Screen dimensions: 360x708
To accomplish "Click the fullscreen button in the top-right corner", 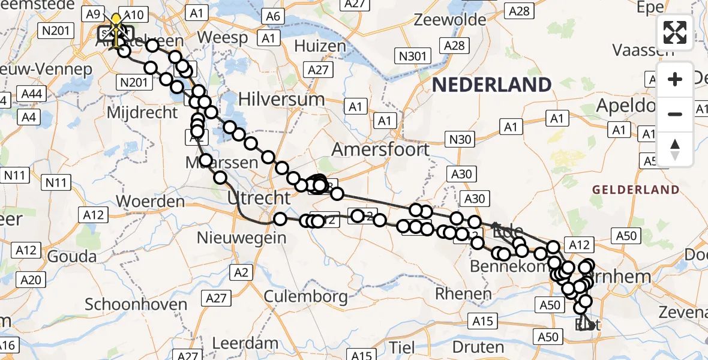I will click(675, 33).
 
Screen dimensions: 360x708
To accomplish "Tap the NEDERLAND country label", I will click(492, 85).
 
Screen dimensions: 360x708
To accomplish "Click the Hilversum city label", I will click(281, 98).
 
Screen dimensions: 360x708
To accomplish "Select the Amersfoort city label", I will click(381, 149).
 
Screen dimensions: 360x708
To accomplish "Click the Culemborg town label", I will click(306, 296).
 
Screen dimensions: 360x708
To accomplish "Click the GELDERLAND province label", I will click(636, 190).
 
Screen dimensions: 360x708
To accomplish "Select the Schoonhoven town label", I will click(136, 304).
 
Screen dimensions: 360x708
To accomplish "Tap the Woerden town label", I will click(151, 200).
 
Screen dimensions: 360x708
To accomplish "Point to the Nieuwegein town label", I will click(242, 238).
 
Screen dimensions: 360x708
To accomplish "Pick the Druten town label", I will click(479, 347).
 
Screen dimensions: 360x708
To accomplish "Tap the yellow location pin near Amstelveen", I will click(116, 22).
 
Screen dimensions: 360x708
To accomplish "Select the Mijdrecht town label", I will click(142, 112).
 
